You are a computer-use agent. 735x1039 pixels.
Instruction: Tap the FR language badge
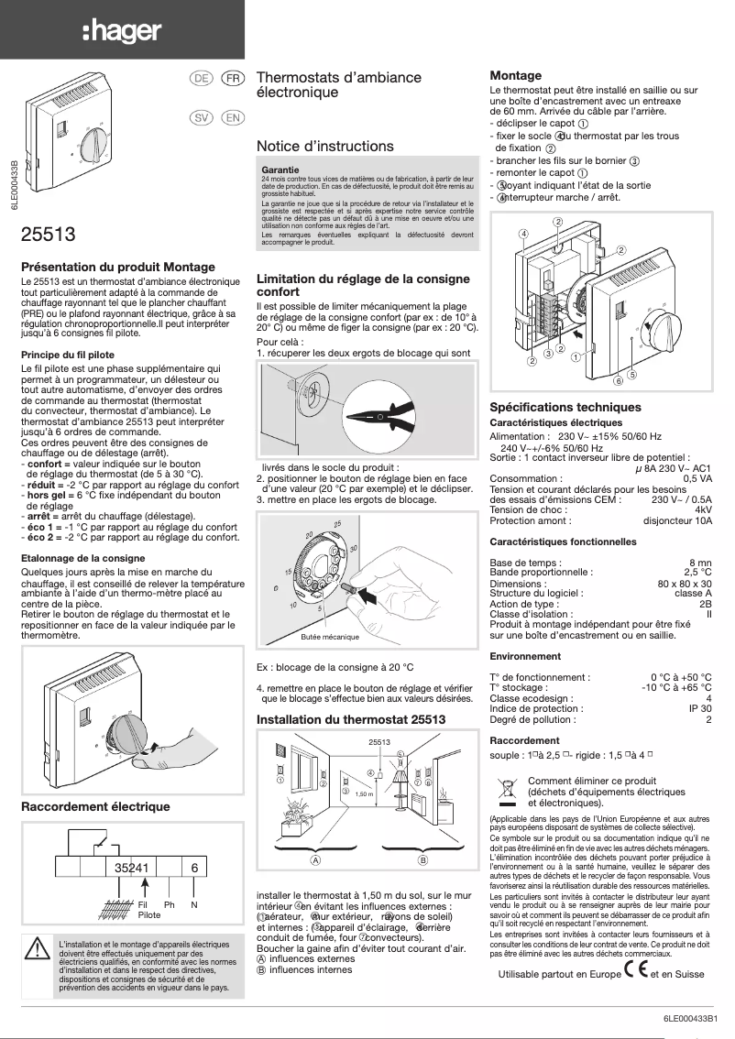click(233, 79)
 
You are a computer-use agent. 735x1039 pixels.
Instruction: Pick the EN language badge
click(233, 117)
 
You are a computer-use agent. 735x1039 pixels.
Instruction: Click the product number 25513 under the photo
click(48, 235)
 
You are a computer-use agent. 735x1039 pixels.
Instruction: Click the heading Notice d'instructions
click(324, 146)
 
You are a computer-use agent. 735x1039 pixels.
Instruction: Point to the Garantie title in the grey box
click(280, 170)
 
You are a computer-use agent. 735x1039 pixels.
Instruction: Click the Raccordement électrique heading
click(95, 806)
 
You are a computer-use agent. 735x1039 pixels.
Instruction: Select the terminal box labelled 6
click(194, 867)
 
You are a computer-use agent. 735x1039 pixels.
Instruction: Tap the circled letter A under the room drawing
click(315, 860)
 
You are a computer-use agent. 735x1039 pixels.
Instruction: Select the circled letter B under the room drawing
click(422, 860)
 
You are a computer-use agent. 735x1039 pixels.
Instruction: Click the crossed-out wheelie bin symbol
click(507, 790)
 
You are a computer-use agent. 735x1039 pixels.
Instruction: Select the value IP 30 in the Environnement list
click(699, 708)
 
